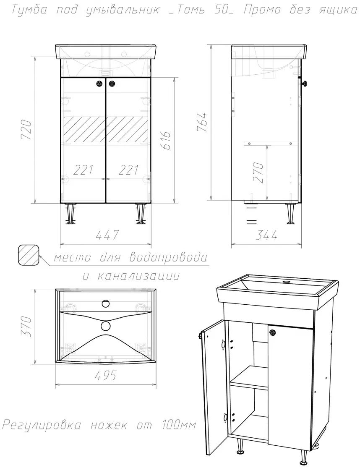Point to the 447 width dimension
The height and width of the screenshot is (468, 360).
tap(107, 235)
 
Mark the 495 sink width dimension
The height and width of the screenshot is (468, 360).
tap(105, 376)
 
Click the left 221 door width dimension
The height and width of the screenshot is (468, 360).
tap(83, 170)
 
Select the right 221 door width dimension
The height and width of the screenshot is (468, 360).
tap(128, 170)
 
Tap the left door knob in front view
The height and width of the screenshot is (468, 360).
tap(99, 84)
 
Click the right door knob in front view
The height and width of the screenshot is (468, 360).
tap(112, 84)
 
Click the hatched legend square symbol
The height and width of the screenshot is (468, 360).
tap(29, 255)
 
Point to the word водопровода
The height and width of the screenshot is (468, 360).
tap(169, 257)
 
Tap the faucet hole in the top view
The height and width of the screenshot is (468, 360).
tap(105, 304)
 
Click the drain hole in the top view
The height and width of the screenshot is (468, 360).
tap(105, 326)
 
